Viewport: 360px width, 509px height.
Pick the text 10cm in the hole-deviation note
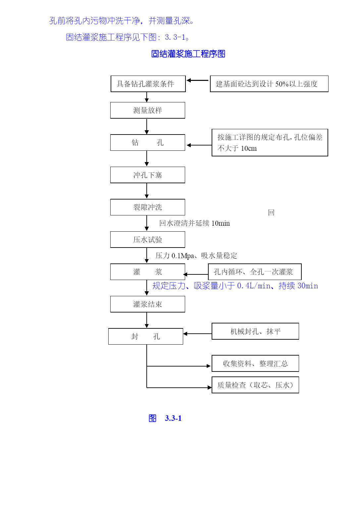click(x=249, y=148)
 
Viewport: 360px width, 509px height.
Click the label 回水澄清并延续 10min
click(x=194, y=223)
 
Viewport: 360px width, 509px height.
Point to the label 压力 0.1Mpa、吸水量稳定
click(x=196, y=255)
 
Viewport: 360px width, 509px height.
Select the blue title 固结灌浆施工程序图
click(x=188, y=54)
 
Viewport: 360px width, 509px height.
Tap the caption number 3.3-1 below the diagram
click(x=173, y=418)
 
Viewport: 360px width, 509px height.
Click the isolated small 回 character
click(x=271, y=212)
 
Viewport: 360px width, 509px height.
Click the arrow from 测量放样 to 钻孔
click(x=147, y=126)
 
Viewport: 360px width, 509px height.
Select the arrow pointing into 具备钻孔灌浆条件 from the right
click(x=197, y=80)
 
